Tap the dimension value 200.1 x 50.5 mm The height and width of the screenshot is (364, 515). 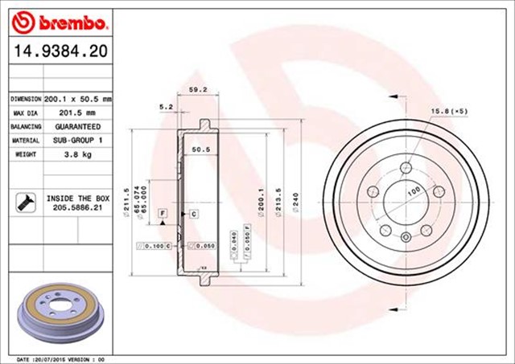click(x=78, y=98)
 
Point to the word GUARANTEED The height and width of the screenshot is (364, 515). click(x=77, y=127)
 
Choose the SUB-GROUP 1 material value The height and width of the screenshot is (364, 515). click(x=78, y=141)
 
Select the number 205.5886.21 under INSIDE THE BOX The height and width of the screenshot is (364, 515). click(x=77, y=207)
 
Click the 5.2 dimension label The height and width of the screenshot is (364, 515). click(x=166, y=106)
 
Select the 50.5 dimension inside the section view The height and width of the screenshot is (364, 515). click(x=200, y=149)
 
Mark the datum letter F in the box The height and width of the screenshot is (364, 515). click(x=163, y=212)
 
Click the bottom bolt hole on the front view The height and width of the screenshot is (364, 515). click(x=406, y=235)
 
